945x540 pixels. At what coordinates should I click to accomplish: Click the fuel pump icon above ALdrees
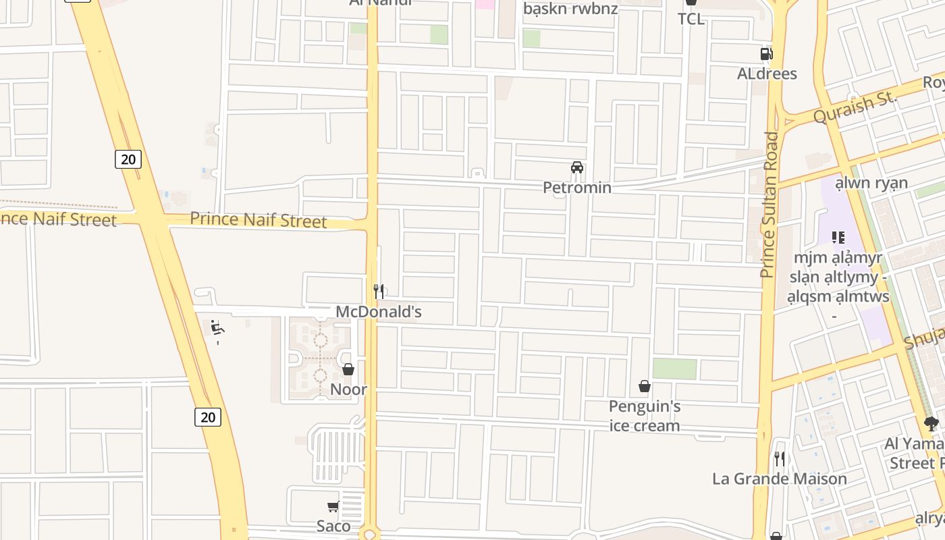tap(766, 54)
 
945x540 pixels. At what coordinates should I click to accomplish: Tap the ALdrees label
tap(767, 74)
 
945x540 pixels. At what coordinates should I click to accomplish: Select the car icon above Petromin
tap(577, 167)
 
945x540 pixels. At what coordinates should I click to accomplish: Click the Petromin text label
tap(577, 187)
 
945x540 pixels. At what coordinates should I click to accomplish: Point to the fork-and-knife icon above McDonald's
tap(379, 292)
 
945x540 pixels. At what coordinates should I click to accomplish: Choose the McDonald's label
tap(379, 311)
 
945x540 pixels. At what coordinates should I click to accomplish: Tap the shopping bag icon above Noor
tap(348, 369)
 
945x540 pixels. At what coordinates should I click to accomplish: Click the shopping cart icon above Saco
tap(333, 506)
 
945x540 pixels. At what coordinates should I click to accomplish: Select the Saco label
tap(333, 526)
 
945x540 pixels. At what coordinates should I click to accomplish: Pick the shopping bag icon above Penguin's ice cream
tap(645, 386)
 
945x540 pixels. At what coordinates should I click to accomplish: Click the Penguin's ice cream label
tap(645, 416)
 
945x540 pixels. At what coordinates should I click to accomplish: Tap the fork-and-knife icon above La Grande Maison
tap(780, 459)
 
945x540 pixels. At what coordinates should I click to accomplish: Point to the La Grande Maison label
tap(780, 479)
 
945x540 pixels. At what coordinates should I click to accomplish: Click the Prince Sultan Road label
tap(769, 205)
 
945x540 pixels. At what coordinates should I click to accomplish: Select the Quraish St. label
tap(855, 107)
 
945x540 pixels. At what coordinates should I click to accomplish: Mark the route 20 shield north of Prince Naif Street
tap(128, 159)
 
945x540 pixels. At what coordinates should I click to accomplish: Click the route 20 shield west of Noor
tap(208, 417)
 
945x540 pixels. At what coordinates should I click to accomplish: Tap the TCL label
tap(691, 19)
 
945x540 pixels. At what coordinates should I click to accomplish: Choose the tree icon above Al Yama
tap(932, 424)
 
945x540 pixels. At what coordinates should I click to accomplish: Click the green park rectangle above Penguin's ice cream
tap(674, 369)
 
